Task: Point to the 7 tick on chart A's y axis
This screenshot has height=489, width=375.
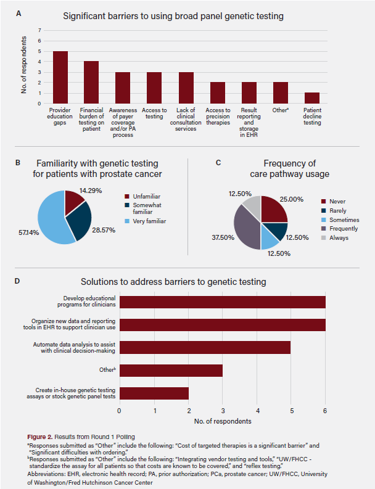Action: pyautogui.click(x=40, y=30)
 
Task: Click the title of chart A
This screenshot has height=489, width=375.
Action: pyautogui.click(x=173, y=15)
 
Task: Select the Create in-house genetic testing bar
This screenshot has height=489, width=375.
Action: pyautogui.click(x=154, y=393)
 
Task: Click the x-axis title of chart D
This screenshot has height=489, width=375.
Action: pyautogui.click(x=222, y=422)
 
